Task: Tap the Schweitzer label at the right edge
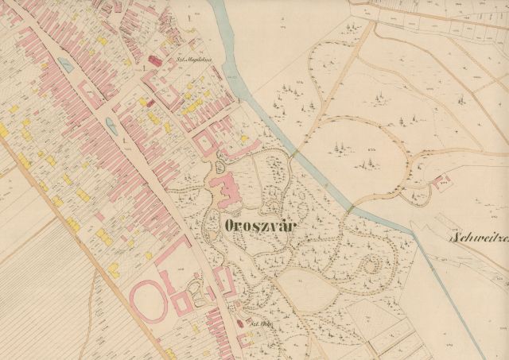tap(479, 237)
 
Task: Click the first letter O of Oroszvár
tap(231, 225)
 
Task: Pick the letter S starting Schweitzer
tap(454, 237)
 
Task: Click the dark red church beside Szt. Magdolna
tap(155, 60)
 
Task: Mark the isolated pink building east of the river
tap(443, 184)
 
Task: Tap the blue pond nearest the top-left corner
tap(65, 66)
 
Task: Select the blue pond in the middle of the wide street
tap(111, 123)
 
